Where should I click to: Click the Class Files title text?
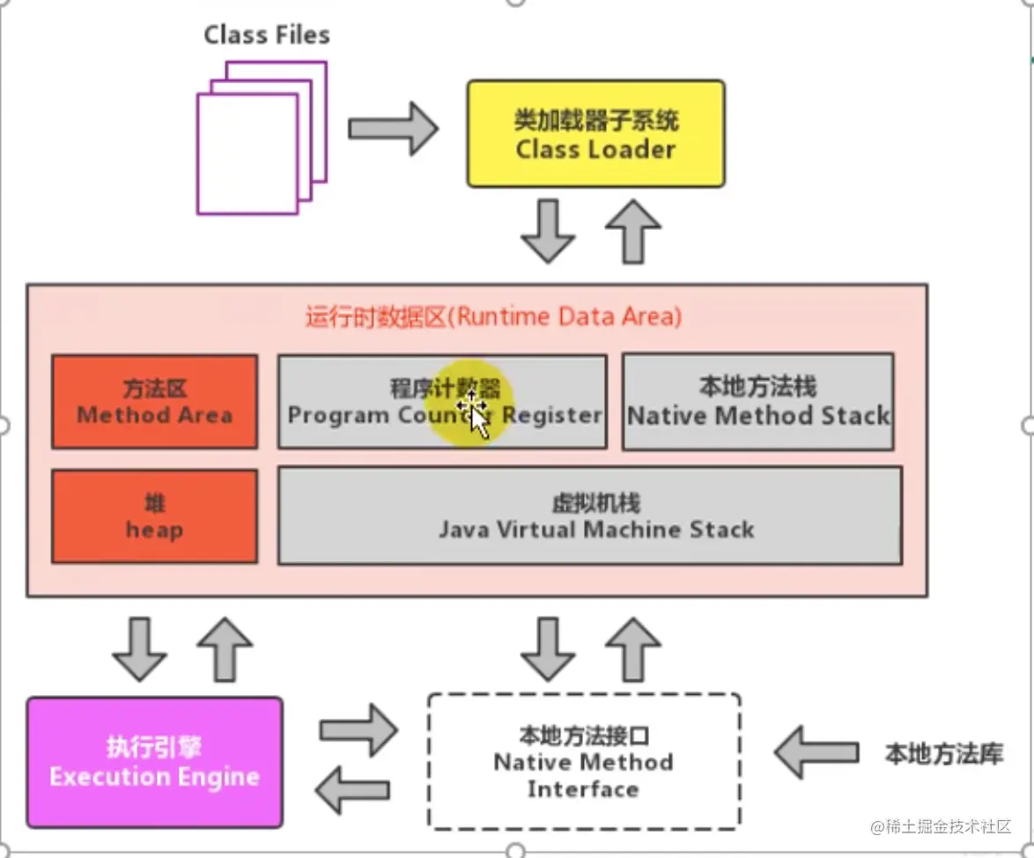tap(267, 35)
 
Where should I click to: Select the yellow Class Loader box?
tap(595, 134)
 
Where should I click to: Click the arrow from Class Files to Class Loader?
tap(393, 129)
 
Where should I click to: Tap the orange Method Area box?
tap(154, 402)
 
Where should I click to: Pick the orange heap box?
tap(154, 516)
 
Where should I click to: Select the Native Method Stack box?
tap(757, 402)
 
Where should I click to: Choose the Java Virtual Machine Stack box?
tap(590, 516)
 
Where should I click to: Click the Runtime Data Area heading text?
tap(493, 317)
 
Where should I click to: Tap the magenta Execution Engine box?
tap(154, 763)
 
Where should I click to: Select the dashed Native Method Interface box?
tap(583, 762)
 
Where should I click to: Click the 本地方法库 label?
tap(943, 754)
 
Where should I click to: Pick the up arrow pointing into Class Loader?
tap(632, 231)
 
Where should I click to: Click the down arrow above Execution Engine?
tap(139, 649)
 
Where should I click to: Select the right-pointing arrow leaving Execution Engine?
tap(358, 729)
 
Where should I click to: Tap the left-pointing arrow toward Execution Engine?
tap(354, 789)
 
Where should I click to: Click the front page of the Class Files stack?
tap(247, 154)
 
